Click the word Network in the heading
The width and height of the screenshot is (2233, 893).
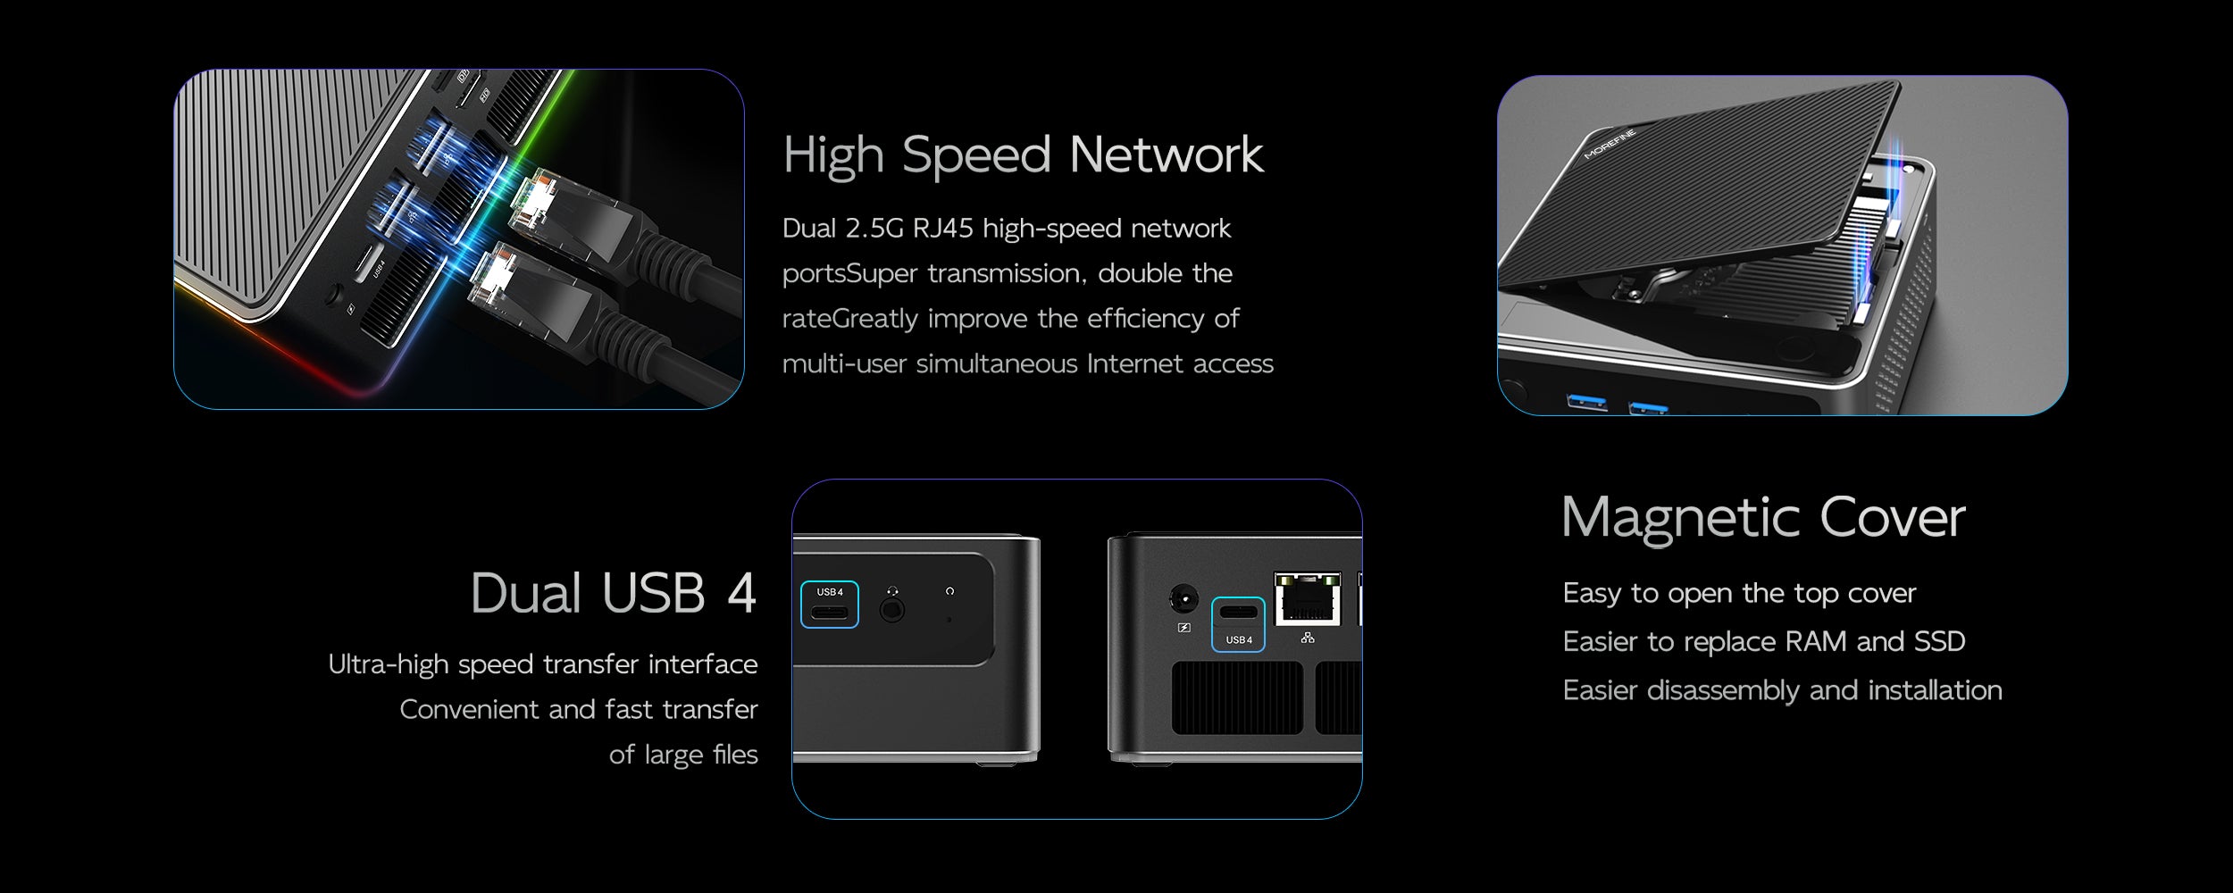(1166, 155)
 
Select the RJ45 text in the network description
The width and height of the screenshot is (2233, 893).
(942, 229)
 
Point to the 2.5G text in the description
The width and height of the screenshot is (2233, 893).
(874, 229)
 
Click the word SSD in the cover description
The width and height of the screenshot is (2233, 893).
(1940, 641)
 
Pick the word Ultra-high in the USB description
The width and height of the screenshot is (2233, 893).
(389, 664)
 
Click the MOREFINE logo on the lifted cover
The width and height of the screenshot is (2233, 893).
(1610, 144)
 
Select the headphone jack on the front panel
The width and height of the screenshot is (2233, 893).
(891, 611)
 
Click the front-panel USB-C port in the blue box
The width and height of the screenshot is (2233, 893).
(830, 613)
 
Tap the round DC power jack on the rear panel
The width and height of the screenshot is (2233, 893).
(1183, 598)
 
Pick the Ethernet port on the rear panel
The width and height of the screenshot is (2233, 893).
(1308, 599)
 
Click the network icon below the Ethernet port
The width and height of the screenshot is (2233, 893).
(1308, 638)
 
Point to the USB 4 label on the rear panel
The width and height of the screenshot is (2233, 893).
(1239, 640)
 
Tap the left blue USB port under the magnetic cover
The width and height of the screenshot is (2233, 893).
(1586, 403)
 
